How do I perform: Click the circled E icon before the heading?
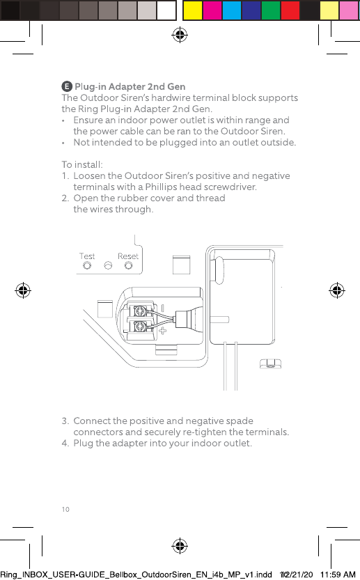point(67,86)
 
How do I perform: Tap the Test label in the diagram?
point(87,256)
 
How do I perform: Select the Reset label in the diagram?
point(128,256)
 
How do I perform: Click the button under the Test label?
point(87,265)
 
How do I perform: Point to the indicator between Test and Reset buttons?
point(108,265)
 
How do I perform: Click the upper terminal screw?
point(140,311)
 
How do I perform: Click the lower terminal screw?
point(140,327)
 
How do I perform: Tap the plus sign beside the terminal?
point(162,330)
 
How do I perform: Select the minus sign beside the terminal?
point(162,308)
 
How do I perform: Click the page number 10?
point(65,510)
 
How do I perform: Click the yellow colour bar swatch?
point(193,10)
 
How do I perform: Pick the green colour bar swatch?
point(271,10)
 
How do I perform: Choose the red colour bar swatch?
point(290,10)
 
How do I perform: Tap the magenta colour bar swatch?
point(212,10)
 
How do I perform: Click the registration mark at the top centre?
point(180,35)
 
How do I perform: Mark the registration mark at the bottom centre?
point(180,546)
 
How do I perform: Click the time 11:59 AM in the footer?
point(338,574)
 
